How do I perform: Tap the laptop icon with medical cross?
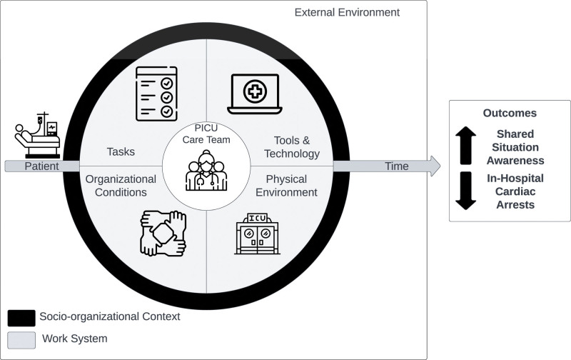[x=254, y=95]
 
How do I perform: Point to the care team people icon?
[x=206, y=171]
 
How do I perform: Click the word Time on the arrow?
[x=397, y=166]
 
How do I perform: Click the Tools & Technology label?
[x=292, y=146]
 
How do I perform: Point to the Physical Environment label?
[x=291, y=185]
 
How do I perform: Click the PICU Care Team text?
[x=206, y=134]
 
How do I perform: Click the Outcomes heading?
[x=509, y=113]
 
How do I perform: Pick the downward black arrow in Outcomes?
[x=465, y=190]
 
